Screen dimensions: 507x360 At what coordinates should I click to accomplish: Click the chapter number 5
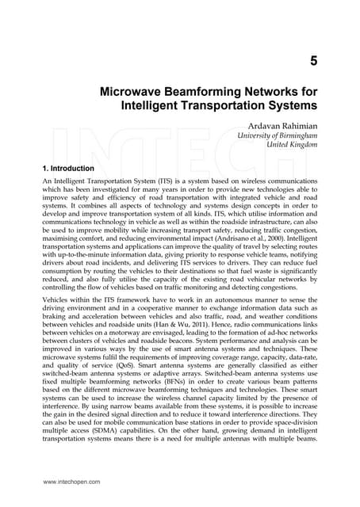point(314,60)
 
